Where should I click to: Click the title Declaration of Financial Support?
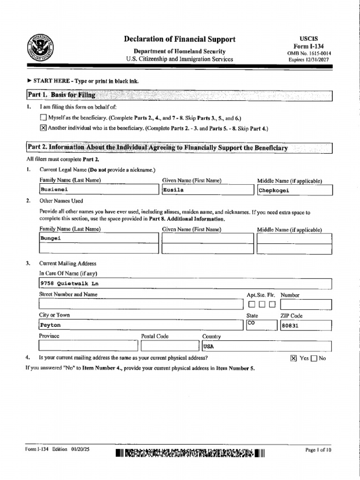180,39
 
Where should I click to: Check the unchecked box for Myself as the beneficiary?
44,117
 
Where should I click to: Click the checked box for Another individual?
44,128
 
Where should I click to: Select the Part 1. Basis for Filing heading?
61,95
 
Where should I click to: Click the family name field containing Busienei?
99,190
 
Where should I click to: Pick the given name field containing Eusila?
207,190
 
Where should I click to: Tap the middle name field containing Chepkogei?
294,190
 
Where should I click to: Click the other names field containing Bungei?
99,238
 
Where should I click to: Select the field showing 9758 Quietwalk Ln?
185,284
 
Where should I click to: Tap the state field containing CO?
260,325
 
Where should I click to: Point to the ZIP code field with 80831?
306,325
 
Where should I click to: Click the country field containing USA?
266,346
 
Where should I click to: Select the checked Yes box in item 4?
293,359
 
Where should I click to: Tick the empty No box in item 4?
314,359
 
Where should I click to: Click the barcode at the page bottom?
190,453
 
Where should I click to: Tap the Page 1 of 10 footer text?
318,450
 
